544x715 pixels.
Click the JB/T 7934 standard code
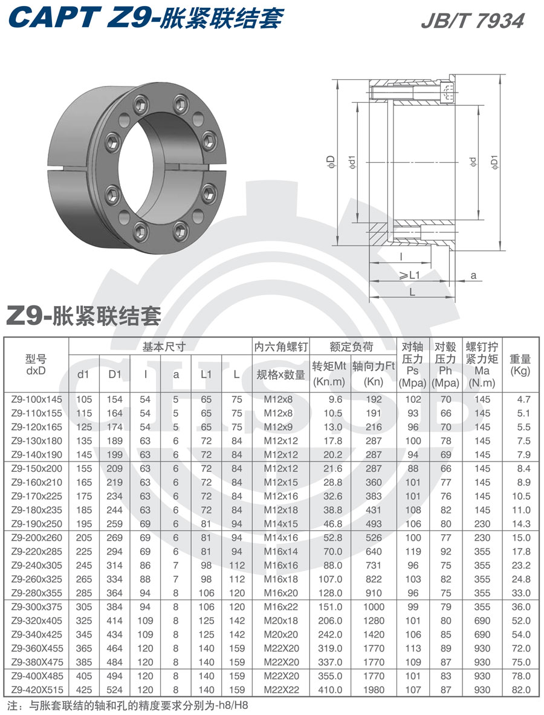pos(472,21)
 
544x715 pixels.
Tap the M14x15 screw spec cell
pos(281,523)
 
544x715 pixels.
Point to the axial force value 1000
pos(374,606)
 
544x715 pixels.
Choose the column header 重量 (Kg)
pos(520,365)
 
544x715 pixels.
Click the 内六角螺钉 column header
pos(281,347)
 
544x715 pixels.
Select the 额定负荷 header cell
pos(352,347)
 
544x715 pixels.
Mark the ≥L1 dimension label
pos(409,275)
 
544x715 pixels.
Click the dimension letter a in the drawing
pos(473,275)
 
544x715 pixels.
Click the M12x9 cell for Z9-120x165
pos(281,426)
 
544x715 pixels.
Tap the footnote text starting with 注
pos(127,705)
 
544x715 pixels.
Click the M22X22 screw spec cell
pos(281,689)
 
